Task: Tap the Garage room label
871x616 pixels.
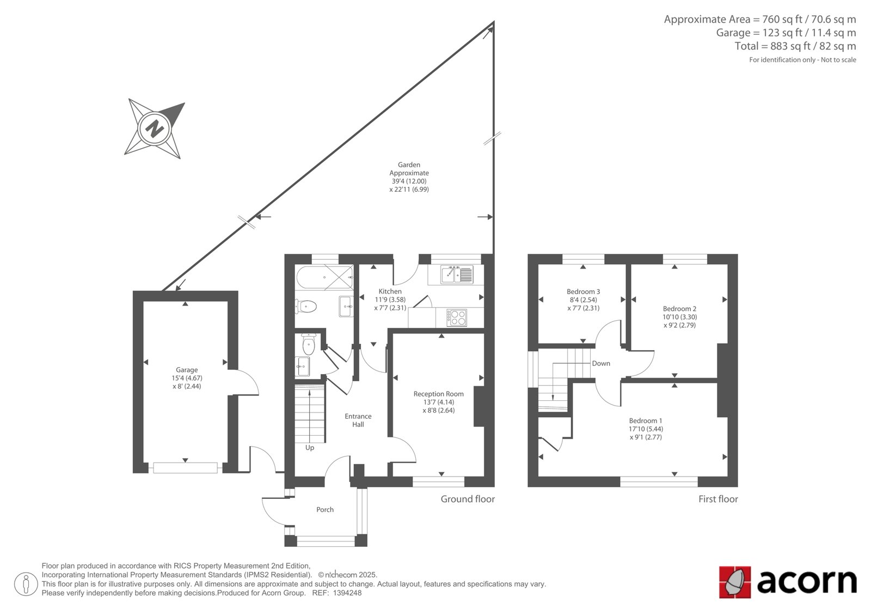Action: [x=187, y=370]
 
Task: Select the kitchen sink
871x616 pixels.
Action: [x=457, y=274]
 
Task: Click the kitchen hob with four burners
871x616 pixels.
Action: [x=457, y=317]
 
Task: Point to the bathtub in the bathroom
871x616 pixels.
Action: [x=324, y=277]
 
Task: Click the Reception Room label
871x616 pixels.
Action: [x=438, y=394]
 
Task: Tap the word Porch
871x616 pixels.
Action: [x=324, y=509]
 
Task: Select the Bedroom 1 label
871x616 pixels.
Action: [x=646, y=420]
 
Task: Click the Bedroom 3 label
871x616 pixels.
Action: [x=583, y=291]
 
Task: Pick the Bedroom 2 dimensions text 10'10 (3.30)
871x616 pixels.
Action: [x=680, y=317]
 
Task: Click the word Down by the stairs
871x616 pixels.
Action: [x=601, y=363]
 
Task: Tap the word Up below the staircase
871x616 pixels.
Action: [x=310, y=448]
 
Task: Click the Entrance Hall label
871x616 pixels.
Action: [x=358, y=420]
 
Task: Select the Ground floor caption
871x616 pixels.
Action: [x=468, y=499]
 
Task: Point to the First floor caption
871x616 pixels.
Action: [x=718, y=499]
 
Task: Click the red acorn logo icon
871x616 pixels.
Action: [x=734, y=582]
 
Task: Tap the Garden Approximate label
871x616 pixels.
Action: [x=409, y=169]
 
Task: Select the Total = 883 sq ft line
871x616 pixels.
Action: [x=795, y=46]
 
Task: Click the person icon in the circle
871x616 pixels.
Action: [x=26, y=584]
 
